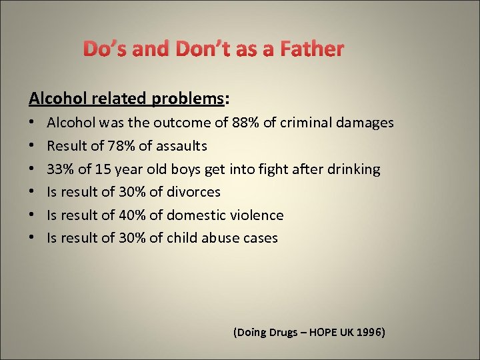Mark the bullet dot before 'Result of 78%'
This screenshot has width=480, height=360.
(33, 146)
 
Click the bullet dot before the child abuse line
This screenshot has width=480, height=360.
(33, 238)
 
